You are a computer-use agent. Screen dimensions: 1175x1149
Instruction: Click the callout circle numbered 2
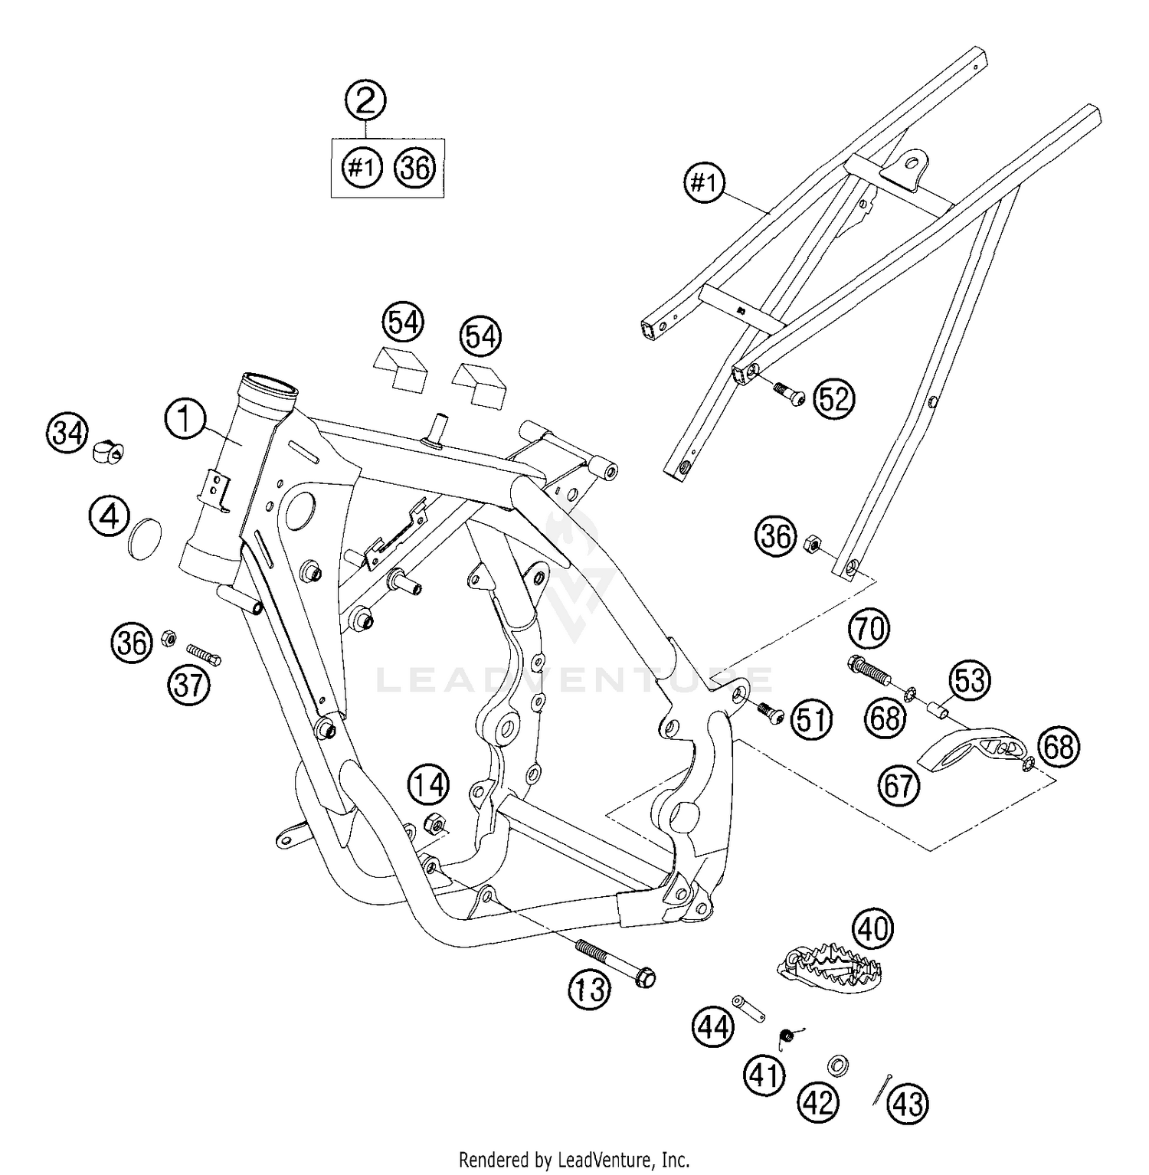point(365,100)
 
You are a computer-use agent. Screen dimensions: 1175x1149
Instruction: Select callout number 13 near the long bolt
point(590,990)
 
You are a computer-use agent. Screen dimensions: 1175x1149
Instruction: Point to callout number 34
point(67,434)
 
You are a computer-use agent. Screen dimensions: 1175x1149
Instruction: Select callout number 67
point(899,787)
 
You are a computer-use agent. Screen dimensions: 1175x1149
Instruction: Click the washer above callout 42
point(839,1065)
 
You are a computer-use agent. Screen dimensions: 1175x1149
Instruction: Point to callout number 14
point(428,785)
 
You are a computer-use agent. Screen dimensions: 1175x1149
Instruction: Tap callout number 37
point(189,685)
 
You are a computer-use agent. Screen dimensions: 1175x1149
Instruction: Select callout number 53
point(969,680)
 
